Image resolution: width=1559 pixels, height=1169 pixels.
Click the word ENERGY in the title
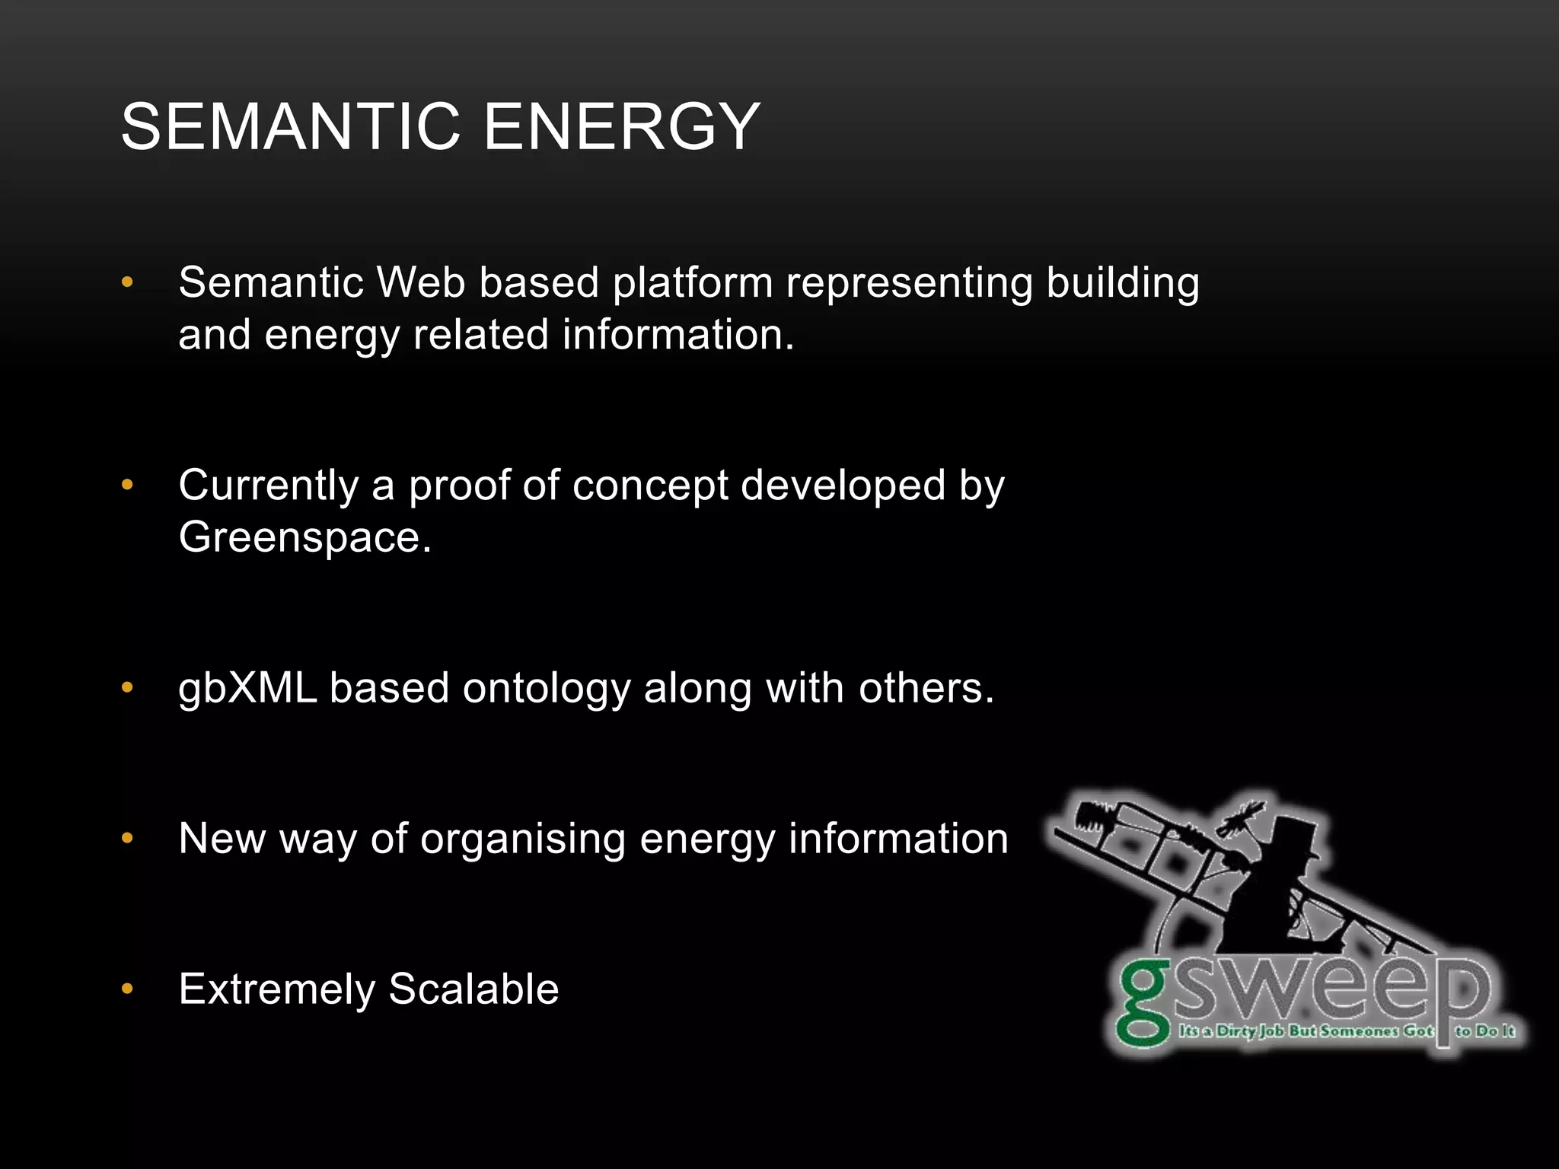coord(622,126)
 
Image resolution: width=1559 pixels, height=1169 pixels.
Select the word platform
coord(693,284)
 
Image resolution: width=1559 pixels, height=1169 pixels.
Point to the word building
coord(1123,284)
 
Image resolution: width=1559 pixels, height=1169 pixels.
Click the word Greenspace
coord(304,538)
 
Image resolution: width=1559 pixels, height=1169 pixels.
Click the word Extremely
coord(277,990)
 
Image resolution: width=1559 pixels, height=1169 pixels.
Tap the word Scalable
coord(473,989)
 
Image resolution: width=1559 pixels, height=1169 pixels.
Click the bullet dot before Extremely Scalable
coord(127,989)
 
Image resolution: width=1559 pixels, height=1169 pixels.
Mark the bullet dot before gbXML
coord(127,688)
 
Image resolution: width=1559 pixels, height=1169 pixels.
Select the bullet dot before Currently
coord(127,485)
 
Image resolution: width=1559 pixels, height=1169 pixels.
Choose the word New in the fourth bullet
coord(222,839)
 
